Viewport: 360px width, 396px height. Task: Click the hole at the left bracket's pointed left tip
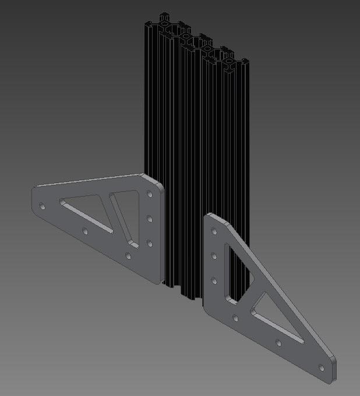click(x=42, y=206)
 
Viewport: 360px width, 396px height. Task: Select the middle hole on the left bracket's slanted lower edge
click(x=85, y=232)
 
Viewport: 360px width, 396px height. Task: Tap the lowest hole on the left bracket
click(x=129, y=255)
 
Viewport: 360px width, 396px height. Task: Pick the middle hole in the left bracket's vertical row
click(x=150, y=219)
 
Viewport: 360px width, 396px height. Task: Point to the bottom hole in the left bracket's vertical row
click(x=150, y=242)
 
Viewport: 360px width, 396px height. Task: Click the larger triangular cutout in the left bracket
click(x=87, y=211)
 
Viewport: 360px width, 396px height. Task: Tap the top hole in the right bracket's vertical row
click(x=214, y=230)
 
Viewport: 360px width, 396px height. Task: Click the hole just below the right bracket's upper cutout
click(x=235, y=318)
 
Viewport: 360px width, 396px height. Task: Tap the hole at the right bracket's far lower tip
click(x=321, y=367)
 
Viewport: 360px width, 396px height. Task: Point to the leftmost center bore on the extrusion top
click(x=165, y=24)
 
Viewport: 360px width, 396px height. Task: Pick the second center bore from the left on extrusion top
click(x=186, y=37)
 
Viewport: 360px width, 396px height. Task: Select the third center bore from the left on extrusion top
click(x=207, y=49)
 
